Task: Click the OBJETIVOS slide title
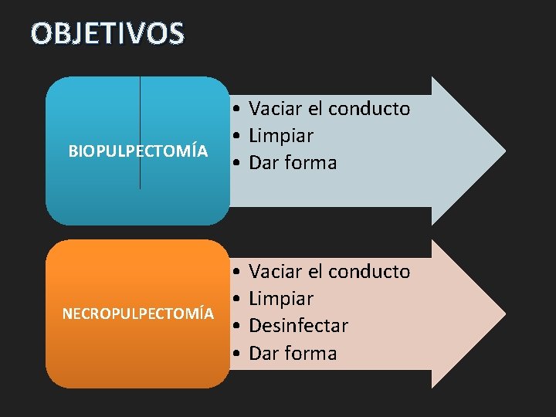coord(107,33)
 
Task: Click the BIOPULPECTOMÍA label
coord(138,151)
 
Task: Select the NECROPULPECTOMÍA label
coord(138,314)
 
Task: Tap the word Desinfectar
coord(299,326)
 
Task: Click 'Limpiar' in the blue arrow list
coord(281,136)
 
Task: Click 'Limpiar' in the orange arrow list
coord(281,299)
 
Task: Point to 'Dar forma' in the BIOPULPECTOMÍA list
coord(293,163)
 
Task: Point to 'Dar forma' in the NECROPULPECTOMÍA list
coord(293,354)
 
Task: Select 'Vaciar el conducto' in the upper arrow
coord(330,109)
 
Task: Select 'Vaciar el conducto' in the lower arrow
coord(330,272)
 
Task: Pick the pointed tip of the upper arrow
coord(503,147)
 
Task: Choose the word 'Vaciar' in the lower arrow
coord(274,272)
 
